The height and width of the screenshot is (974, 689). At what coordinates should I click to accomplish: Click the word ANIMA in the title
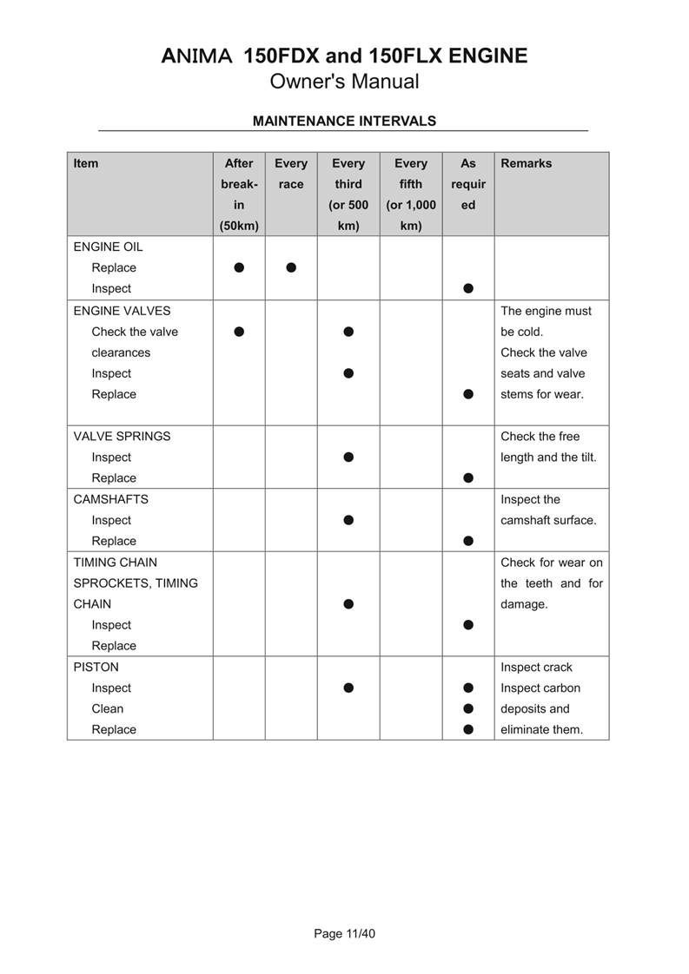click(197, 56)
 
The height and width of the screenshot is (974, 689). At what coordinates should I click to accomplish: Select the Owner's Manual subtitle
click(344, 82)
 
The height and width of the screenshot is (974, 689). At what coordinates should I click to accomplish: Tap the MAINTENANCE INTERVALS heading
click(344, 121)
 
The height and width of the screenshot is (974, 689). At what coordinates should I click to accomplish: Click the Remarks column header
click(526, 163)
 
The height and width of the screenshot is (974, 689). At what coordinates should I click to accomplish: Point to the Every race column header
click(291, 173)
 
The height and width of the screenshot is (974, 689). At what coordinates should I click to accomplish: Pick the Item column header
click(86, 163)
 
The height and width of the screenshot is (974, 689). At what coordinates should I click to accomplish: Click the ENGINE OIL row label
click(108, 247)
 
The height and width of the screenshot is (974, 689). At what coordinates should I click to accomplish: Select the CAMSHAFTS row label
click(110, 499)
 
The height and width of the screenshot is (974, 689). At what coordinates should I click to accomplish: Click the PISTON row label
click(96, 667)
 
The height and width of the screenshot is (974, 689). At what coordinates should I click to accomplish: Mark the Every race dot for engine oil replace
click(291, 267)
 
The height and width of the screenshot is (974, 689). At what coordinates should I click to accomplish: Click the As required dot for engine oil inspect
click(468, 288)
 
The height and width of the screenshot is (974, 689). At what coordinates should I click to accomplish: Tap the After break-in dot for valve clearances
click(239, 332)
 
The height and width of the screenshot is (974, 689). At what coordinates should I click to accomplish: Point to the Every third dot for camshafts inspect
click(348, 520)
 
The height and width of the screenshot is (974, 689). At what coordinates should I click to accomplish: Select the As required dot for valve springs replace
click(468, 477)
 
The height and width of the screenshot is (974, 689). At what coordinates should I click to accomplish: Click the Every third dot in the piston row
click(348, 688)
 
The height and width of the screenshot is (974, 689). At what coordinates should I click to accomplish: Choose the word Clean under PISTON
click(108, 708)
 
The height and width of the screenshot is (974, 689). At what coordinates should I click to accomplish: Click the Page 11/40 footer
click(344, 934)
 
